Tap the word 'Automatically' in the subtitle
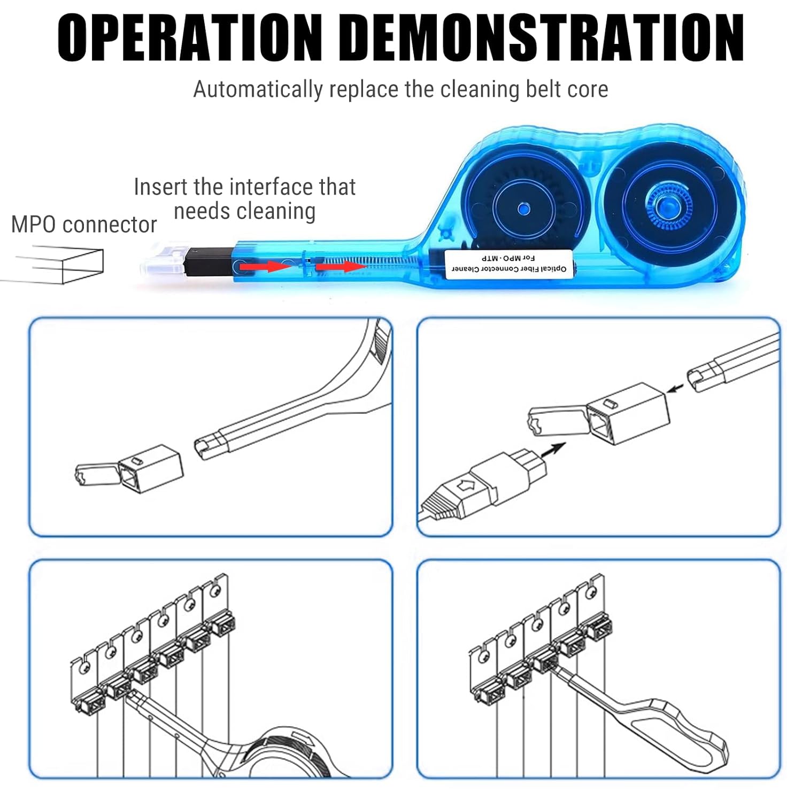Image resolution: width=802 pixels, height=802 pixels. click(x=258, y=90)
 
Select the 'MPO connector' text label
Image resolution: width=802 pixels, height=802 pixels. click(x=84, y=225)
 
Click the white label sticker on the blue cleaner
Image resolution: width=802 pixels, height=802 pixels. click(x=509, y=263)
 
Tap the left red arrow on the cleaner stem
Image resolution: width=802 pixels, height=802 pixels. click(x=265, y=266)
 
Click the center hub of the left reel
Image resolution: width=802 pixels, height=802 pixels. click(x=522, y=208)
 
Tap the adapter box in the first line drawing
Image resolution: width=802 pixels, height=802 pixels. click(x=151, y=467)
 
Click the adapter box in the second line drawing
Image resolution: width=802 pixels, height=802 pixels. click(x=628, y=413)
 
